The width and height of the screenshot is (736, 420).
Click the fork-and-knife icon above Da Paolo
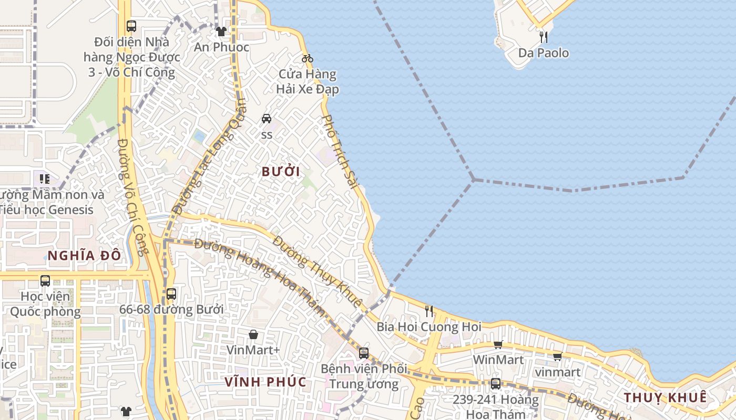(544, 37)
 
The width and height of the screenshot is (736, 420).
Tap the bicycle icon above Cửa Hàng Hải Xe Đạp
(308, 58)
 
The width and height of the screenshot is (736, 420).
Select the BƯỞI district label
(281, 172)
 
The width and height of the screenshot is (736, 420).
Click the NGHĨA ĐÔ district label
(84, 256)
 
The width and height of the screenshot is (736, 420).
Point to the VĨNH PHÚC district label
(265, 382)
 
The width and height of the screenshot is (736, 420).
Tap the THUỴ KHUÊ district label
(665, 397)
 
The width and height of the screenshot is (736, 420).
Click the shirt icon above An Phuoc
(221, 31)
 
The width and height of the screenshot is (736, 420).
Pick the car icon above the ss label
(267, 119)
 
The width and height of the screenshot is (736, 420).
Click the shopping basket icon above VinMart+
(253, 334)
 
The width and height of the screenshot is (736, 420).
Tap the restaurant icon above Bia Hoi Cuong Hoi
(429, 311)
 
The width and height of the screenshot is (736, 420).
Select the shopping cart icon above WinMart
(498, 344)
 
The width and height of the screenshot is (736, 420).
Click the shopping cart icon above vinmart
(557, 357)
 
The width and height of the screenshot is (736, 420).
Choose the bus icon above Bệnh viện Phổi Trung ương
(363, 353)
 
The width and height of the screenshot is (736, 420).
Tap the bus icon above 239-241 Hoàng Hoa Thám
(495, 384)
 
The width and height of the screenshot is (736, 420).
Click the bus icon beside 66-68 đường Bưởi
(171, 294)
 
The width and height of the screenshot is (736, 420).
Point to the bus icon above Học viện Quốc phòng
(45, 281)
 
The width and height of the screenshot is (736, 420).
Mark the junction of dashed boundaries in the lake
(473, 180)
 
